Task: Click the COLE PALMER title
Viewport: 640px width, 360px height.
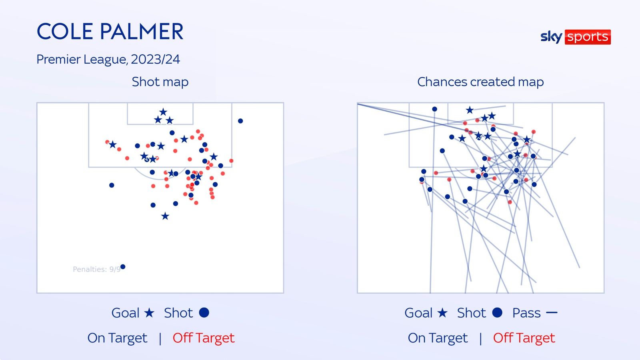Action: tap(110, 31)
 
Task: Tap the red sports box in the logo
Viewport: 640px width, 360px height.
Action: tap(588, 37)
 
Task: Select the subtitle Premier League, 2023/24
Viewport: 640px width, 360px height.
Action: tap(108, 60)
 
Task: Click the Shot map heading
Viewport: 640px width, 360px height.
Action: tap(160, 82)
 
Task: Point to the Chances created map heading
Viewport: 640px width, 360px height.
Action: tap(480, 82)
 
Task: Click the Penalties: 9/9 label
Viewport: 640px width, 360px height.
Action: tap(96, 270)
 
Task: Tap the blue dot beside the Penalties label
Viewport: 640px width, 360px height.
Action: tap(123, 266)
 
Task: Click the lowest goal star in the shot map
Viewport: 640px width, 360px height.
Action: tap(165, 216)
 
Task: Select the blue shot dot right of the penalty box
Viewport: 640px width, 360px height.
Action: tap(240, 121)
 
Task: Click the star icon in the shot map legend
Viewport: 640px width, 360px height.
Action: tap(149, 313)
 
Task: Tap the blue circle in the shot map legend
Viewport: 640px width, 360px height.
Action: tap(204, 312)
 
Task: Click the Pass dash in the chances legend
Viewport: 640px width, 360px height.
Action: tap(552, 312)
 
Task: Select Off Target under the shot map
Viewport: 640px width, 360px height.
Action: tap(204, 338)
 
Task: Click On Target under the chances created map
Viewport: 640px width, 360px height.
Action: tap(438, 338)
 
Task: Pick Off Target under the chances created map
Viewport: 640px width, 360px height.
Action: tap(524, 338)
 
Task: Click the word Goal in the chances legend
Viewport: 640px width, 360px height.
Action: tap(418, 313)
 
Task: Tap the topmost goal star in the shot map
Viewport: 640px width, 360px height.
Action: tap(163, 112)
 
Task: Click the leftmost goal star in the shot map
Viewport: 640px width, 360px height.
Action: tap(112, 144)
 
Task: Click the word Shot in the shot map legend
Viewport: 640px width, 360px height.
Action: tap(178, 313)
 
